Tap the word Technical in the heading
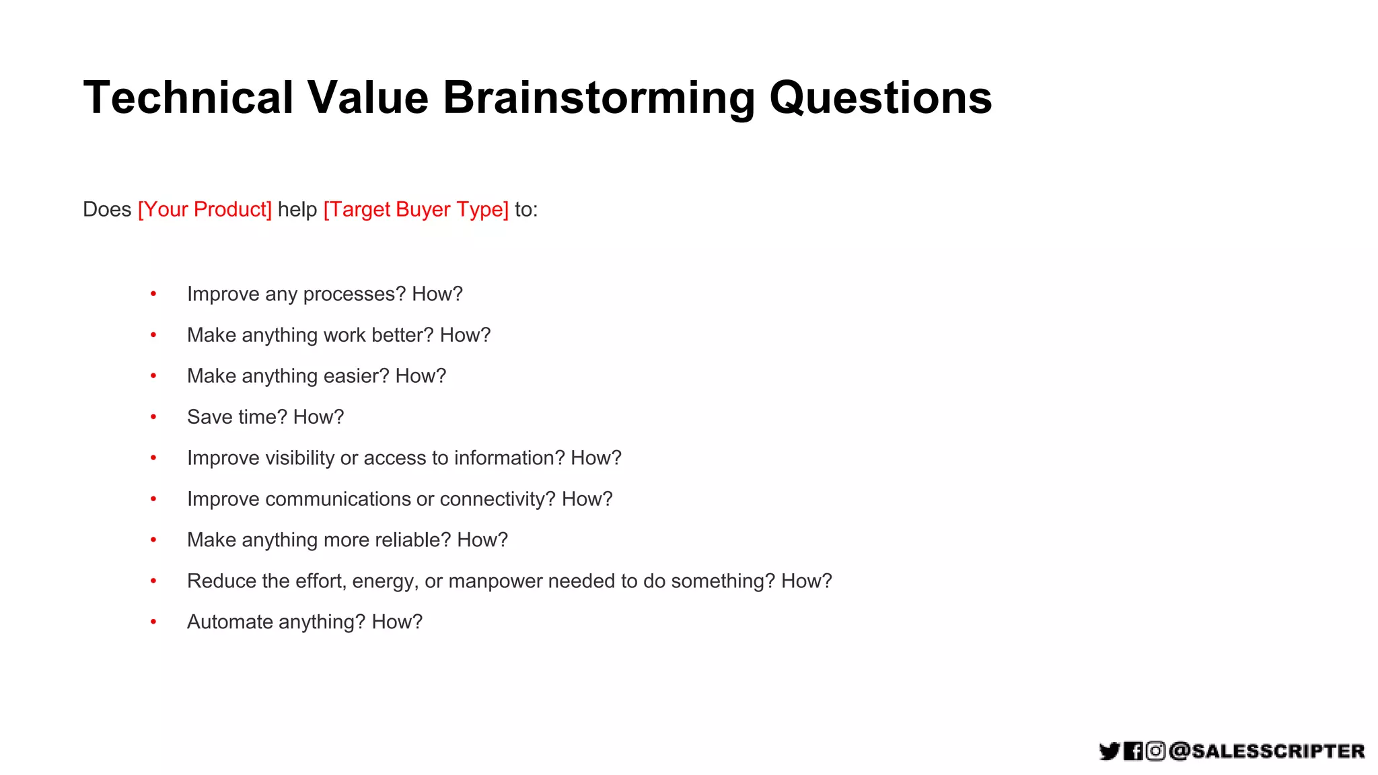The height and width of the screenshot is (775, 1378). pos(188,98)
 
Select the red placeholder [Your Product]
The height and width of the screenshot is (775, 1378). pos(205,209)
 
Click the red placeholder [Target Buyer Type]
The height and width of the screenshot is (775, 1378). pos(416,209)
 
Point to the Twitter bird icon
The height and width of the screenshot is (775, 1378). pos(1109,751)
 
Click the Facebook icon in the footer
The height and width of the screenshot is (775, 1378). pos(1133,751)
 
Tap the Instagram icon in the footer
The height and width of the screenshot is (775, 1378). pos(1155,751)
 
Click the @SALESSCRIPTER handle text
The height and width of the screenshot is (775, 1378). pos(1266,751)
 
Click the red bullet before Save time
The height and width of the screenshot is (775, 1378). pos(153,417)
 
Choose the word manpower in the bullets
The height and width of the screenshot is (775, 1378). pos(495,581)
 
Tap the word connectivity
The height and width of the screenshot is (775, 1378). pos(497,499)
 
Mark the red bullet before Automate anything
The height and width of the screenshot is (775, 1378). pos(153,622)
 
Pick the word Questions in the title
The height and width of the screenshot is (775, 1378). pos(880,98)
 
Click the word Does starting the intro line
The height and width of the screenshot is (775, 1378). pos(107,209)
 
